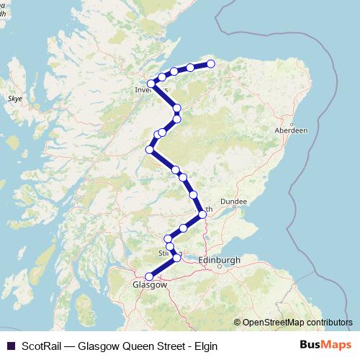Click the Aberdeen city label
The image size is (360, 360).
pos(292,130)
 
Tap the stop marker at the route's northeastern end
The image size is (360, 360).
pos(211,64)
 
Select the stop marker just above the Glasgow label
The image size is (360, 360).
pos(150,276)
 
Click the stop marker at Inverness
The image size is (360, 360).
pos(152,84)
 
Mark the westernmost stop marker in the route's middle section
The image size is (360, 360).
pos(150,150)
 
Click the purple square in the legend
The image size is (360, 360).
pos(10,346)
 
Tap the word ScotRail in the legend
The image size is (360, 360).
pos(41,346)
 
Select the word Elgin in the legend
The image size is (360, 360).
pos(204,346)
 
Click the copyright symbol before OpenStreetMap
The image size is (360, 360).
pos(238,322)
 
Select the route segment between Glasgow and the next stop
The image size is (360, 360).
pos(163,267)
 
